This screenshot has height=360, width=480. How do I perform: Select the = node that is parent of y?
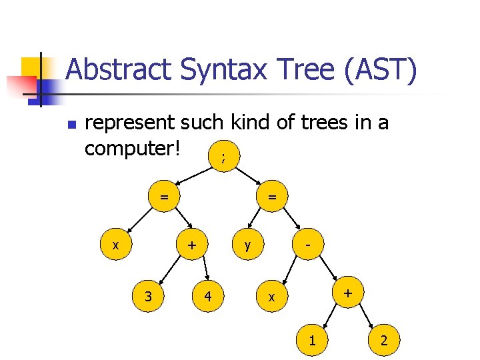[272, 197]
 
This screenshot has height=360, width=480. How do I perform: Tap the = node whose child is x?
[163, 197]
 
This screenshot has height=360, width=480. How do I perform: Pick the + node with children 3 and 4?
[192, 245]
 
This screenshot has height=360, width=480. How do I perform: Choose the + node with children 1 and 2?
[347, 293]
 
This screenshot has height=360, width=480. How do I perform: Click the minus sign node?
[309, 245]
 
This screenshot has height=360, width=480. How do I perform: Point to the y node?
[248, 245]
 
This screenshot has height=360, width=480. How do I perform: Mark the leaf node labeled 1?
[311, 341]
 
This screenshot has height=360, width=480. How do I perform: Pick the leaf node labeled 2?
[383, 341]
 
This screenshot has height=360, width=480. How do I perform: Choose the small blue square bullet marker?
[72, 125]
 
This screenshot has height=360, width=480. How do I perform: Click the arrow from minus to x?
[291, 269]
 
